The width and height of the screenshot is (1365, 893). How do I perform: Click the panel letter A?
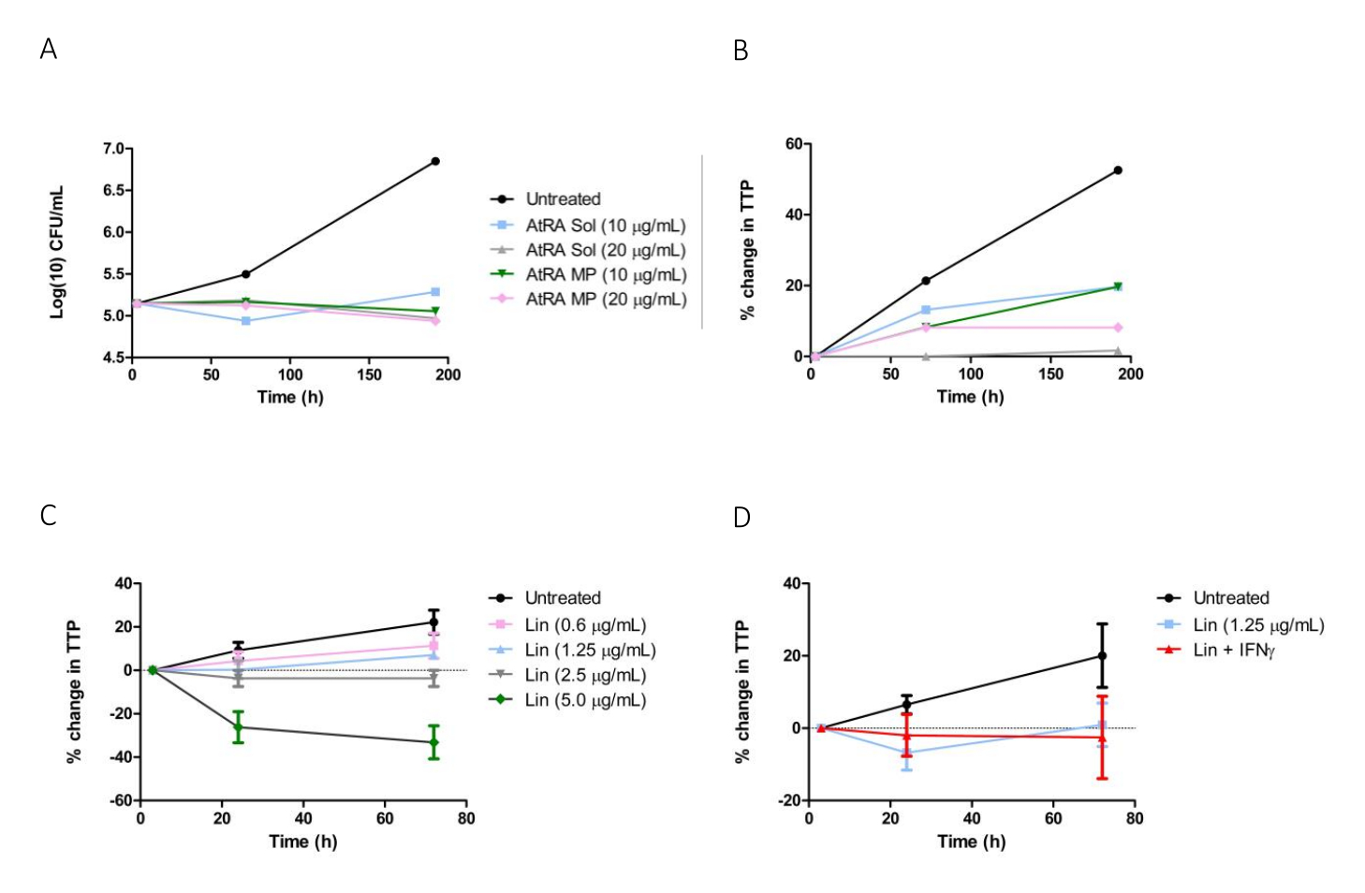tap(49, 49)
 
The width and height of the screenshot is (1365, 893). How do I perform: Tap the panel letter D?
tap(741, 517)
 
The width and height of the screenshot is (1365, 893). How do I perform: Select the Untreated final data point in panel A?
tap(435, 161)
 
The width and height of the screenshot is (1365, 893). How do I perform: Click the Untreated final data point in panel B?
tap(1118, 170)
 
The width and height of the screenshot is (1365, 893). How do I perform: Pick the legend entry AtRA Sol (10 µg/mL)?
tap(605, 226)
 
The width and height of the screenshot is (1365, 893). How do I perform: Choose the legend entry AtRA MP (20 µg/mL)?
tap(605, 300)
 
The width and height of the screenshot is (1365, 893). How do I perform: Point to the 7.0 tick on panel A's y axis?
tap(112, 149)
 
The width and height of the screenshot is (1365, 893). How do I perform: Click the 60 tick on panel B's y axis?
tap(794, 143)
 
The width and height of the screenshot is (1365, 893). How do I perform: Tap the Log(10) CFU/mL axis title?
tap(58, 253)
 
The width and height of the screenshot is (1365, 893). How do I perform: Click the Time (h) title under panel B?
tap(970, 397)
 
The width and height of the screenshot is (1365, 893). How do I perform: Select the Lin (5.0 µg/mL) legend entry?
tap(585, 700)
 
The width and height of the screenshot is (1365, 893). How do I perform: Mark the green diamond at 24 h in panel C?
tap(238, 727)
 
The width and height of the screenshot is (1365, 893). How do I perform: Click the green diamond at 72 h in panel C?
tap(433, 742)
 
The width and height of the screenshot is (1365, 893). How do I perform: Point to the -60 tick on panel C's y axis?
tap(118, 800)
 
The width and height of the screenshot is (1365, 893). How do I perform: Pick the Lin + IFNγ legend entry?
tap(1234, 650)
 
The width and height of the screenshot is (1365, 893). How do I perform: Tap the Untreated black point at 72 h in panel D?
tap(1102, 656)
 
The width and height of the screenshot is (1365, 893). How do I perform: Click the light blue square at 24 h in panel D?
tap(906, 753)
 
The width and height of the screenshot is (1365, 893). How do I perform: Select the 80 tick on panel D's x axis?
tap(1135, 818)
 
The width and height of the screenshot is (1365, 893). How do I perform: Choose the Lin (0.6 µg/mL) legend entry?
tap(585, 624)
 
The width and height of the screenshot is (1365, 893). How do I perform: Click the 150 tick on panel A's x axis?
tap(370, 374)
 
